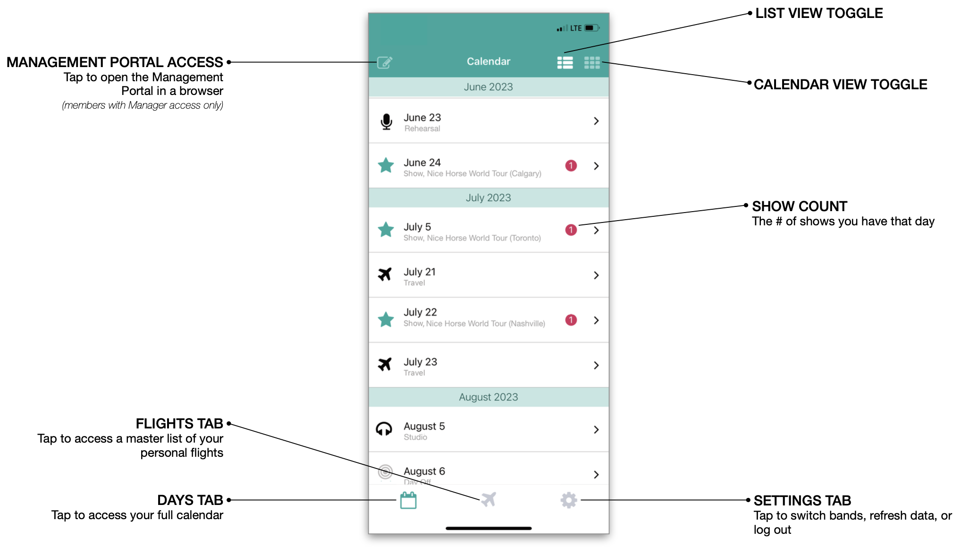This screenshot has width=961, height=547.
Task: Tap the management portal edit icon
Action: pos(385,62)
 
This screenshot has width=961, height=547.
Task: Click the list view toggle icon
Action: pos(565,62)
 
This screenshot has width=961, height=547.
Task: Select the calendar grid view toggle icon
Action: pos(592,62)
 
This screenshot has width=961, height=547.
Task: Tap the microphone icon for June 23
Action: pos(386,121)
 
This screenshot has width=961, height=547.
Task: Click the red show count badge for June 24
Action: pos(571,166)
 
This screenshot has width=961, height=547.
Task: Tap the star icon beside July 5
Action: pos(386,230)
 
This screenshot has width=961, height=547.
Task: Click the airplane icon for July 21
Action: pos(385,274)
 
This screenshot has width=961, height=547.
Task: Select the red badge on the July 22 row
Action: pos(571,320)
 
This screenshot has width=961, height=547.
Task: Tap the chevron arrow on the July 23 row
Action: pos(596,365)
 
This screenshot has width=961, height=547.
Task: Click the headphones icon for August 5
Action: pos(384,429)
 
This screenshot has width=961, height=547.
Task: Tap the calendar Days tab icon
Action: pos(408,500)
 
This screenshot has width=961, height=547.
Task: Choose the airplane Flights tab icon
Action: pos(489,499)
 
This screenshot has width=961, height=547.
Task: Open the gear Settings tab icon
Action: pos(569,500)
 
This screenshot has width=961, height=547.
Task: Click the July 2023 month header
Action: pos(489,198)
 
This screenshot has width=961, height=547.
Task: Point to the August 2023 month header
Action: pos(489,397)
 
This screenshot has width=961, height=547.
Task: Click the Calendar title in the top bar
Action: pos(489,61)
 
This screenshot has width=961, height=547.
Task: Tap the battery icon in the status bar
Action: pos(591,28)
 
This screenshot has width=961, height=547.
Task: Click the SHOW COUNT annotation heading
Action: pos(800,206)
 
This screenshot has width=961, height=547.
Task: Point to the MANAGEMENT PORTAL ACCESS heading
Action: pos(115,62)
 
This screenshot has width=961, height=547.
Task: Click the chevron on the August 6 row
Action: pos(596,474)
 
